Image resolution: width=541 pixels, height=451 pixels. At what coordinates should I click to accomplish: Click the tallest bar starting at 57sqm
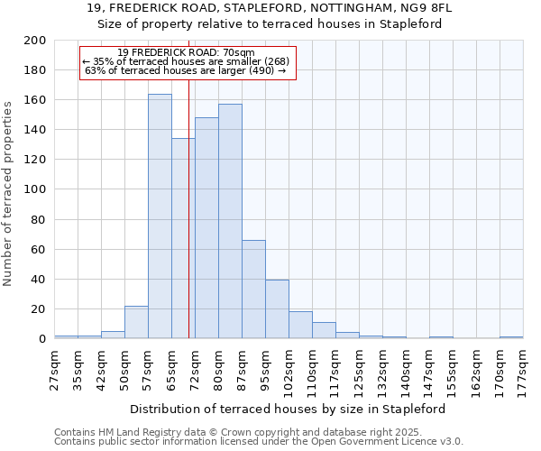point(160,216)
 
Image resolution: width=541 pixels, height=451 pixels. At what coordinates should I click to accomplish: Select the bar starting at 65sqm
point(183,239)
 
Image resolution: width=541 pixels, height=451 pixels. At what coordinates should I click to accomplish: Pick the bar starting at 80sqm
point(230,221)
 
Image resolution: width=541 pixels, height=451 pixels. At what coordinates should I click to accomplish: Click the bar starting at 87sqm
point(253,290)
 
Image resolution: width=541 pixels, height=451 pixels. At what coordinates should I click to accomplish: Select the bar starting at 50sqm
point(136,322)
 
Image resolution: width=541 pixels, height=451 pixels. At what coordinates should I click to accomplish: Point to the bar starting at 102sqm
point(300,325)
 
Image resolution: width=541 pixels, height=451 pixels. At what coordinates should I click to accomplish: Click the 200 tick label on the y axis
point(35,41)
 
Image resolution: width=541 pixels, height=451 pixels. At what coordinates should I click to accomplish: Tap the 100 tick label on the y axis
point(35,189)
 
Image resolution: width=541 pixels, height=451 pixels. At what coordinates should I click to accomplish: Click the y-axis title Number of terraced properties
point(9,194)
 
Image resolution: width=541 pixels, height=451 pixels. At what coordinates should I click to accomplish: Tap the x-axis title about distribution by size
point(289,409)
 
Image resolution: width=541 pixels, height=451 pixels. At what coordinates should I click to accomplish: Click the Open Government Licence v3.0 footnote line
point(259,441)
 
